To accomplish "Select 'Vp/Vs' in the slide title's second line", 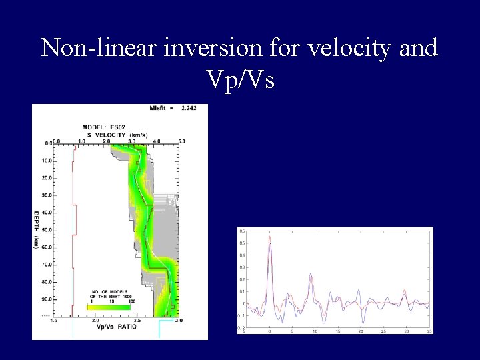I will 241,79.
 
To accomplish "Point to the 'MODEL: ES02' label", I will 104,127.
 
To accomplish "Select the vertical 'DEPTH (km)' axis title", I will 37,229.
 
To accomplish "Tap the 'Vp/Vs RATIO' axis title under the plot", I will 117,327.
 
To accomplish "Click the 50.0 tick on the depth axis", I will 46,230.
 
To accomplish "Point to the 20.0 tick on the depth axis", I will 46,178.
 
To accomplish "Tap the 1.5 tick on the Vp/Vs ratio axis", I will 56,321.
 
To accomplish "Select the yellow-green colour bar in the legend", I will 110,307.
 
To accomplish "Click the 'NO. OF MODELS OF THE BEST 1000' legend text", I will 109,295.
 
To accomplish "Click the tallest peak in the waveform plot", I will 269,237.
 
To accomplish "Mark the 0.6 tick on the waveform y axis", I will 242,231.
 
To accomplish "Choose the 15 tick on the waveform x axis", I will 337,331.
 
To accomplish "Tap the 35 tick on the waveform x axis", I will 428,331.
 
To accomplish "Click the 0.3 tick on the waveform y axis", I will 242,267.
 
